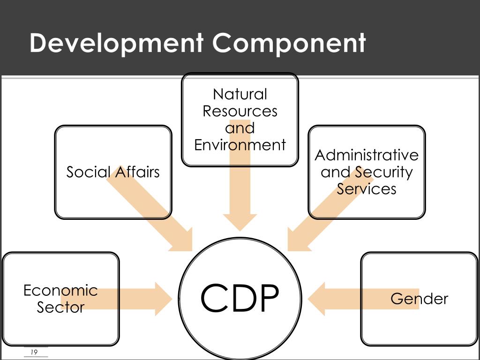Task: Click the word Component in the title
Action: pyautogui.click(x=289, y=43)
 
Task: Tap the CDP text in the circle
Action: pyautogui.click(x=240, y=299)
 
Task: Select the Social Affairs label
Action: pyautogui.click(x=113, y=172)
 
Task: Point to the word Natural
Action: pyautogui.click(x=240, y=94)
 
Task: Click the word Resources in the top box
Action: pyautogui.click(x=240, y=112)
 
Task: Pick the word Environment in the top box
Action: pyautogui.click(x=240, y=145)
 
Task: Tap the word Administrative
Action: pyautogui.click(x=367, y=155)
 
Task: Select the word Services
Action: pyautogui.click(x=367, y=189)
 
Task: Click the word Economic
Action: pyautogui.click(x=60, y=291)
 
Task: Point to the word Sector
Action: pyautogui.click(x=60, y=307)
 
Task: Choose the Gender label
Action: pyautogui.click(x=419, y=299)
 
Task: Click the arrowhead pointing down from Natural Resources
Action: pyautogui.click(x=240, y=222)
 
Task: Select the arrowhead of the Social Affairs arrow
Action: pyautogui.click(x=183, y=240)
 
